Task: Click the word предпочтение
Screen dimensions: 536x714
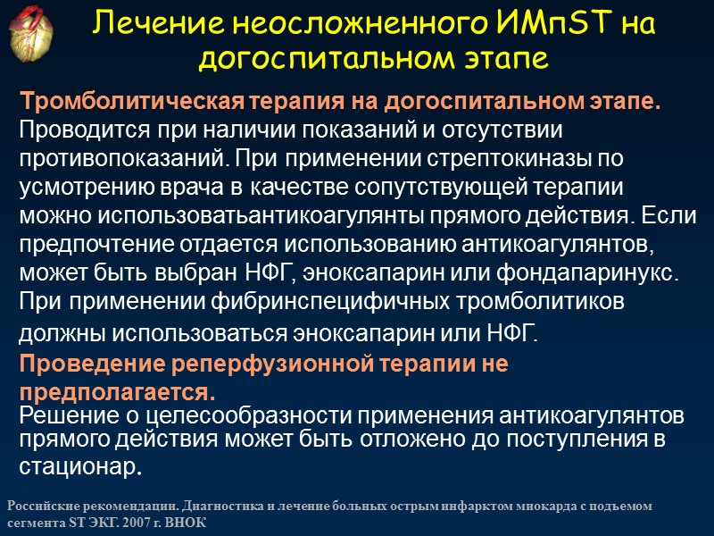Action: [x=101, y=244]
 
